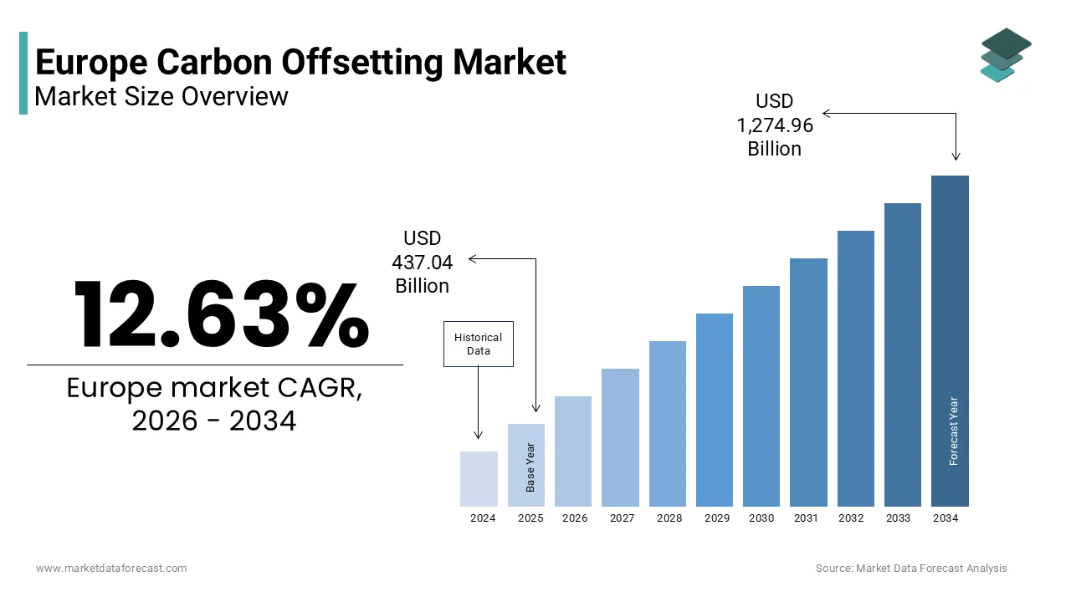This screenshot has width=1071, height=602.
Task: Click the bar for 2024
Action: click(x=479, y=479)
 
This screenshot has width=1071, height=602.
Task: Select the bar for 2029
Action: click(x=714, y=410)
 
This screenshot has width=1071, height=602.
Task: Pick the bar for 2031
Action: click(x=808, y=382)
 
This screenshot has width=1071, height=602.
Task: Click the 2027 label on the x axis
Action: click(x=622, y=518)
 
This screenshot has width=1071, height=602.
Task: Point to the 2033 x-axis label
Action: click(x=898, y=518)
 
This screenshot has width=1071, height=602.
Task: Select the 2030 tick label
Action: click(x=761, y=518)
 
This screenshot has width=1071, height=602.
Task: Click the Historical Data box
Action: click(x=478, y=344)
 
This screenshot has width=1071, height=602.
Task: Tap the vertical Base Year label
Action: click(x=530, y=467)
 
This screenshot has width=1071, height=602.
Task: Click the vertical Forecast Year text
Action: click(x=954, y=431)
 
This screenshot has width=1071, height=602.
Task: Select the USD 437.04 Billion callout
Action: click(x=423, y=263)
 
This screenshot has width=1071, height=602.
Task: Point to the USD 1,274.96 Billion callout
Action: click(x=775, y=125)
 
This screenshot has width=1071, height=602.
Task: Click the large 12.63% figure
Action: click(x=221, y=315)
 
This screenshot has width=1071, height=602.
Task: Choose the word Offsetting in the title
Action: click(x=339, y=63)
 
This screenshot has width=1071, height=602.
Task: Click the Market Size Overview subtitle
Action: click(x=161, y=96)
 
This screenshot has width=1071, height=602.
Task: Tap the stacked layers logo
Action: click(x=1005, y=55)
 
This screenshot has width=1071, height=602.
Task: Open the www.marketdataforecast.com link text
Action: click(x=111, y=569)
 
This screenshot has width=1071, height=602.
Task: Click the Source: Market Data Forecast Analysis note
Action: click(x=911, y=569)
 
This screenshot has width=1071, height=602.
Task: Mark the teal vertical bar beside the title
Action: click(x=23, y=73)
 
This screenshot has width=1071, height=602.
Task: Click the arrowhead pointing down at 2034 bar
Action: click(x=956, y=156)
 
